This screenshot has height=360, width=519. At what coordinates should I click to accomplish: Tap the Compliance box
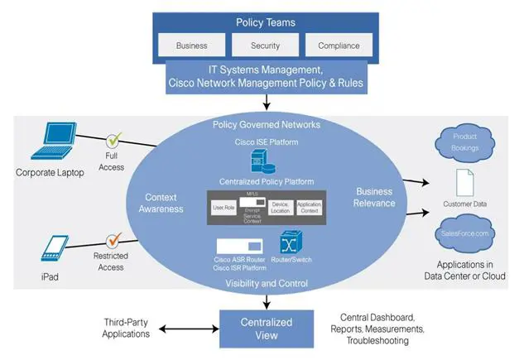click(339, 45)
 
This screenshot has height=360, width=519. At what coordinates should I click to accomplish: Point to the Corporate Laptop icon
click(50, 141)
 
